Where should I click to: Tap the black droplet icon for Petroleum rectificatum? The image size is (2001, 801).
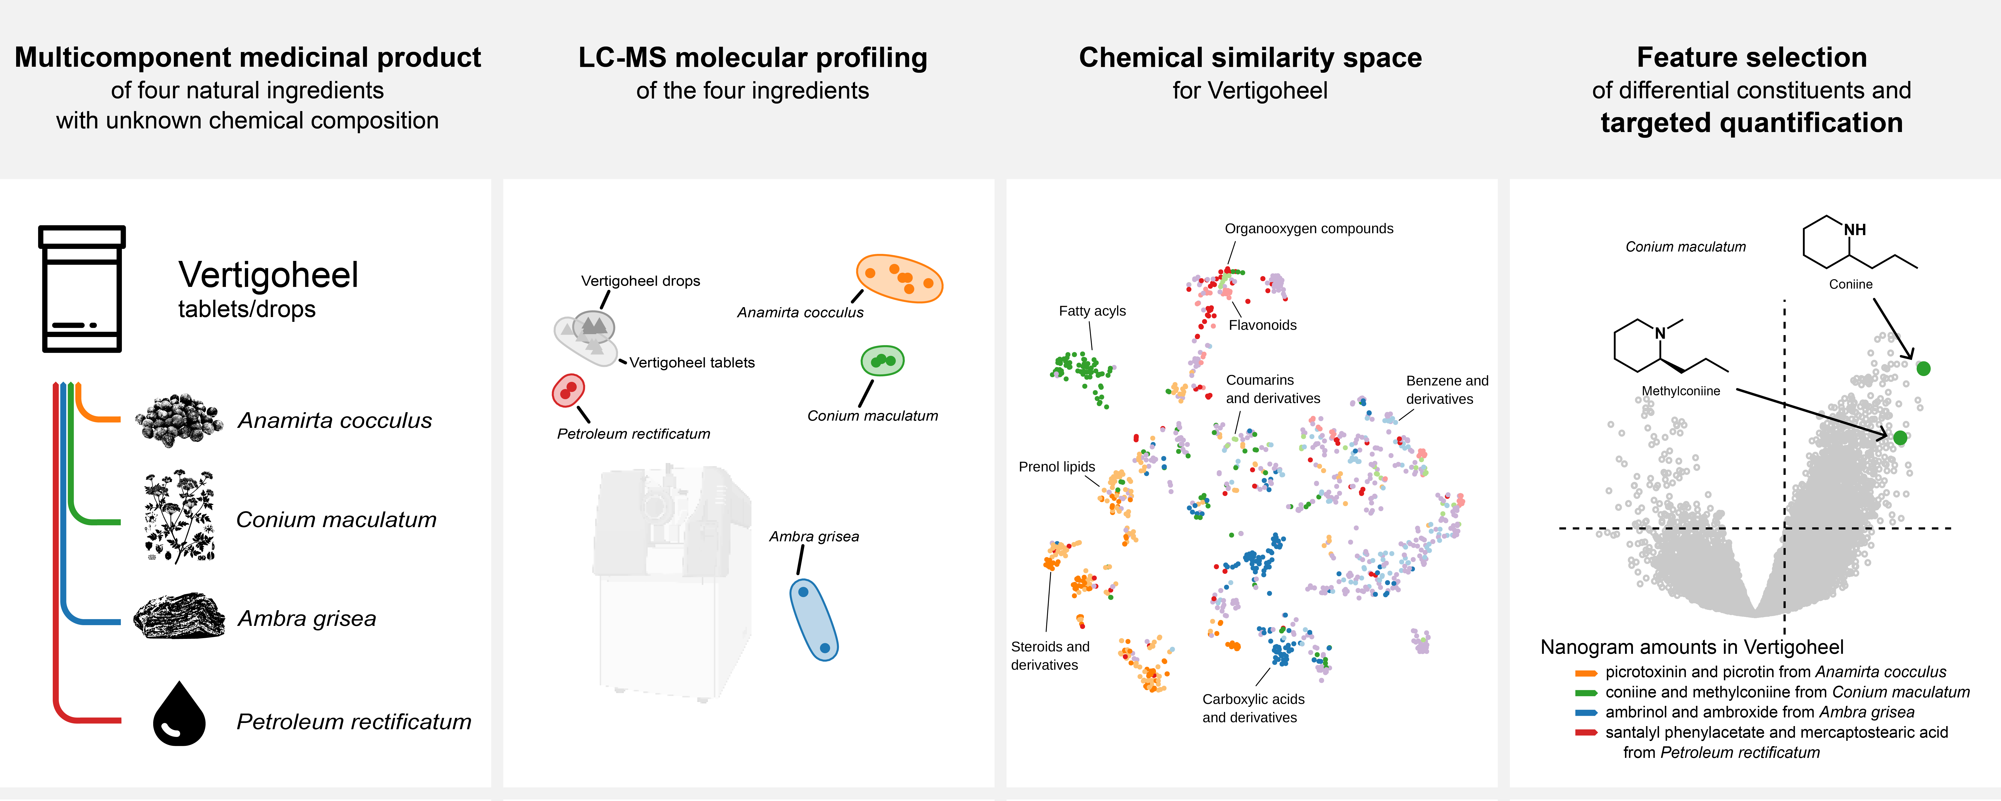pyautogui.click(x=179, y=715)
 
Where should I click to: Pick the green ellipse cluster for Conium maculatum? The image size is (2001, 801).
pyautogui.click(x=882, y=360)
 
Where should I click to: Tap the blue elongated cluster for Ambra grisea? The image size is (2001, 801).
pyautogui.click(x=813, y=619)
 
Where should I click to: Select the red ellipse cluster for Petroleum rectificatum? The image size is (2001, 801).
pyautogui.click(x=568, y=390)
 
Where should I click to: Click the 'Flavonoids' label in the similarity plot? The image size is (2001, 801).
pyautogui.click(x=1262, y=325)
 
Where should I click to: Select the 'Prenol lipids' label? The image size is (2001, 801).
pyautogui.click(x=1056, y=466)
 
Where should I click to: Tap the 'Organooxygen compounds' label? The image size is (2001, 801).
pyautogui.click(x=1309, y=228)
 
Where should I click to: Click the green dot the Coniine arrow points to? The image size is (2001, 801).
pyautogui.click(x=1923, y=368)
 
